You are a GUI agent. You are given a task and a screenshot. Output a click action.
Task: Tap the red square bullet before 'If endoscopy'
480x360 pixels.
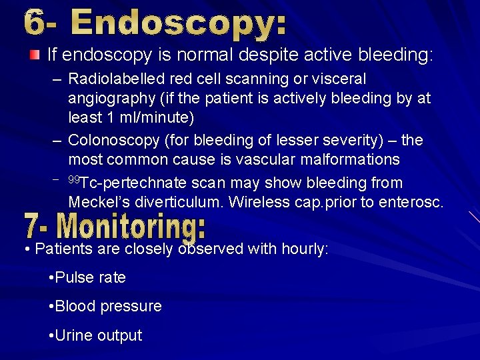34,53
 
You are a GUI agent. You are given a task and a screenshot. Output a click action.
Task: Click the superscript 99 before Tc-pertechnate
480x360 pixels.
74,180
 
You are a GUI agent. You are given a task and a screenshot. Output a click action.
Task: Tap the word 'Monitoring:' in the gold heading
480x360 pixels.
132,227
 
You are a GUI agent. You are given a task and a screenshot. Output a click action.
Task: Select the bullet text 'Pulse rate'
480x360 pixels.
90,277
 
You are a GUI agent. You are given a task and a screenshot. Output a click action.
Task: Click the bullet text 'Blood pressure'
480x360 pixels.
108,306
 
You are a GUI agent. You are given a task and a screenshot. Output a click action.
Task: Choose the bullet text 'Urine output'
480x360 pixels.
98,335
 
